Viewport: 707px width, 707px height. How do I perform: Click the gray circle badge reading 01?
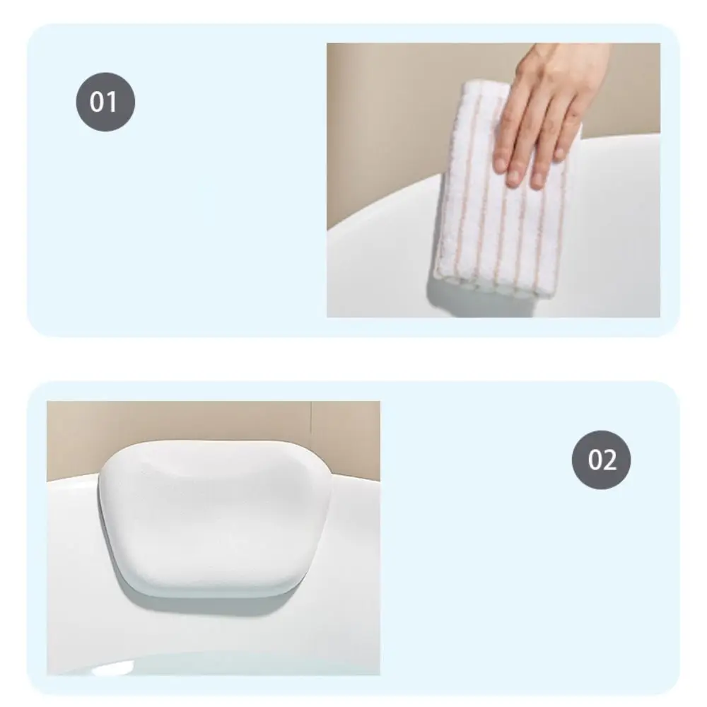click(x=105, y=102)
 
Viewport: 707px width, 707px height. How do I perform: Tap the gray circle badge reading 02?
click(x=601, y=460)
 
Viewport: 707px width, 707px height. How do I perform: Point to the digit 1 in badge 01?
click(x=112, y=102)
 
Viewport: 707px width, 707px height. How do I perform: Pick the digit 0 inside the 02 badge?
click(x=594, y=460)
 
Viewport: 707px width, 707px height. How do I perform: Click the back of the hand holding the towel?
click(x=544, y=85)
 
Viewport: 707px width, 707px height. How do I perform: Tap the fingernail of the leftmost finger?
click(x=500, y=165)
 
